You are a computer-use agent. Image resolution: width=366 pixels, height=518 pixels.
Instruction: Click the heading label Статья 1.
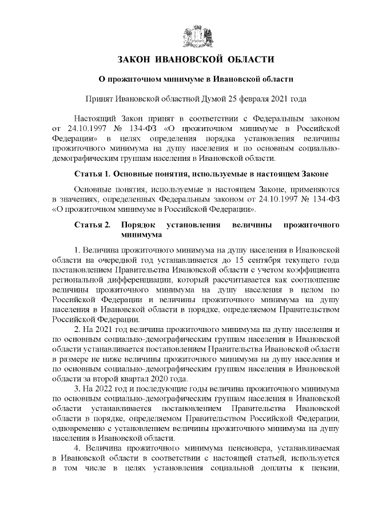click(91, 173)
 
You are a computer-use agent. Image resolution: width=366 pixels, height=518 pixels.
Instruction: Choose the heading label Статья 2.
click(91, 225)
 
